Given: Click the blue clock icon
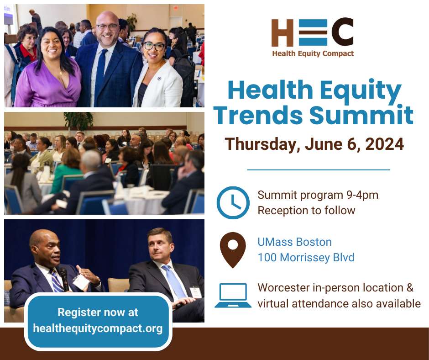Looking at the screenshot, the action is click(233, 203).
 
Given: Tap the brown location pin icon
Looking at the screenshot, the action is click(233, 250).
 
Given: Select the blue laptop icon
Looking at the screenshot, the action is click(233, 295).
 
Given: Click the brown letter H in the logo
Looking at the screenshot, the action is click(283, 32).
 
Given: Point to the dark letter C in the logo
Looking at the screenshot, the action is click(342, 32).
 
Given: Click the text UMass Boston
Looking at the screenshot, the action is click(295, 242).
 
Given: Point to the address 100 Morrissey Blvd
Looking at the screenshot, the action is click(306, 258).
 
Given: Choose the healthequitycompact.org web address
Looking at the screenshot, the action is click(98, 328).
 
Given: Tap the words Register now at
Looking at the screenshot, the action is click(98, 312).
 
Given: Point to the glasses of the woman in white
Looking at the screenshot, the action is click(154, 46).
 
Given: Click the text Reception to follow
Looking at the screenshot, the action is click(306, 211).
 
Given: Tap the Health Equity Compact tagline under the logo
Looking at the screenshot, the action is click(313, 53).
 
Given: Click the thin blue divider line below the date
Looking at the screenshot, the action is click(319, 170).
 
